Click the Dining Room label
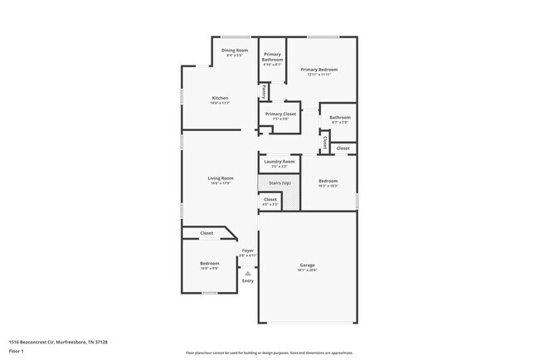pyautogui.click(x=235, y=51)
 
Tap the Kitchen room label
pyautogui.click(x=220, y=98)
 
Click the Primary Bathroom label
pyautogui.click(x=272, y=57)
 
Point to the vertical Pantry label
pyautogui.click(x=264, y=90)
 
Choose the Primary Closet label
pyautogui.click(x=280, y=114)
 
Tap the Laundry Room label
pyautogui.click(x=279, y=161)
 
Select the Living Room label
pyautogui.click(x=220, y=178)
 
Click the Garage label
pyautogui.click(x=307, y=265)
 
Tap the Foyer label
pyautogui.click(x=247, y=250)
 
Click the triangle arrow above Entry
pyautogui.click(x=247, y=272)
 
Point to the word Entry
pyautogui.click(x=247, y=281)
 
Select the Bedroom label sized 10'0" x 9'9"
pyautogui.click(x=209, y=263)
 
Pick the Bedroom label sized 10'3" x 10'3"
pyautogui.click(x=328, y=181)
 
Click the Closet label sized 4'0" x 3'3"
pyautogui.click(x=270, y=199)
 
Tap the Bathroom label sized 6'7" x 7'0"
pyautogui.click(x=339, y=118)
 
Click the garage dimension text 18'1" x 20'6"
pyautogui.click(x=307, y=270)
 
